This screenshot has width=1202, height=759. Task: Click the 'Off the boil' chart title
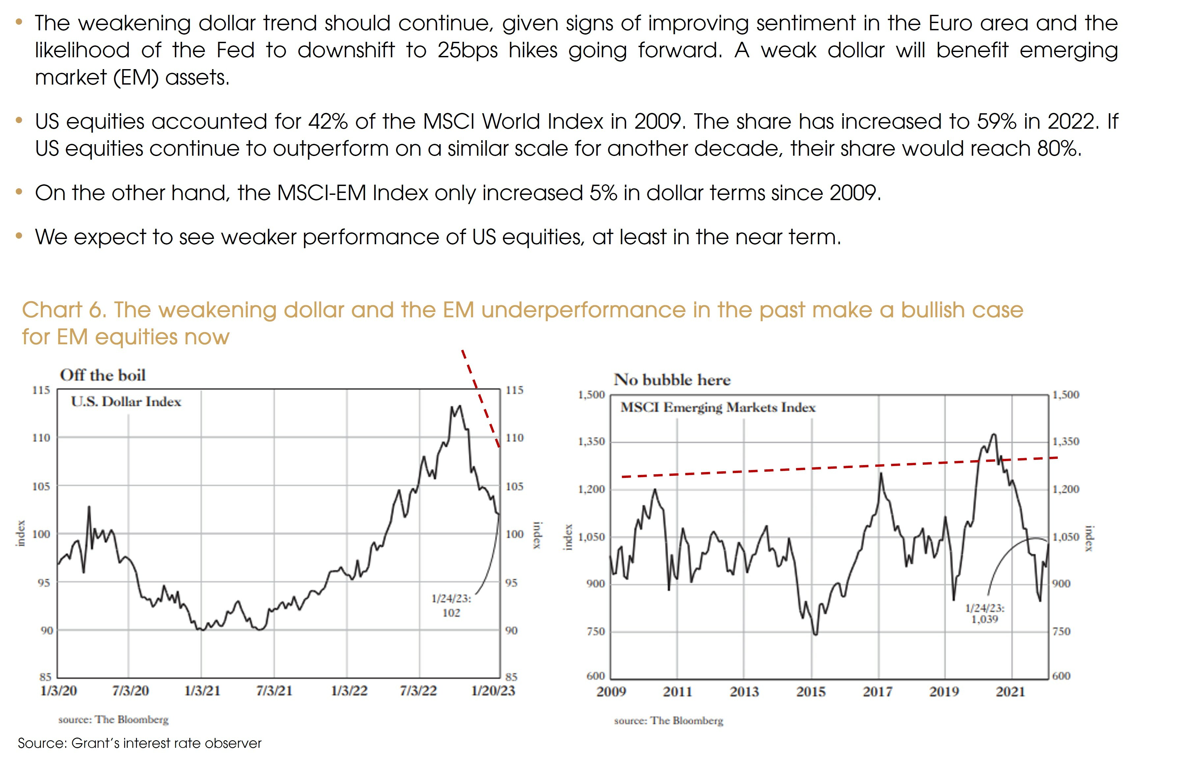click(x=102, y=375)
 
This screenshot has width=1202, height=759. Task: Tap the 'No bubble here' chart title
click(x=672, y=380)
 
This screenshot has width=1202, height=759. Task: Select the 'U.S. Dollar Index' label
click(x=126, y=402)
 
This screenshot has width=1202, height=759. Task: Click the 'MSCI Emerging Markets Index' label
click(x=718, y=408)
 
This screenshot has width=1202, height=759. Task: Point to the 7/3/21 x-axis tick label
click(x=274, y=691)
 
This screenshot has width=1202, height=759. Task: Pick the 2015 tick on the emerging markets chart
click(x=811, y=692)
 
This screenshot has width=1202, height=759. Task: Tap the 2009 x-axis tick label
click(x=611, y=692)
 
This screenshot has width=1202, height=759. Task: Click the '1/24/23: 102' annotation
click(x=451, y=605)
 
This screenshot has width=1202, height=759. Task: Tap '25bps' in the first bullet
click(x=467, y=50)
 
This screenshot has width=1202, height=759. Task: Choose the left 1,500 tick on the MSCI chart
click(x=591, y=395)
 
